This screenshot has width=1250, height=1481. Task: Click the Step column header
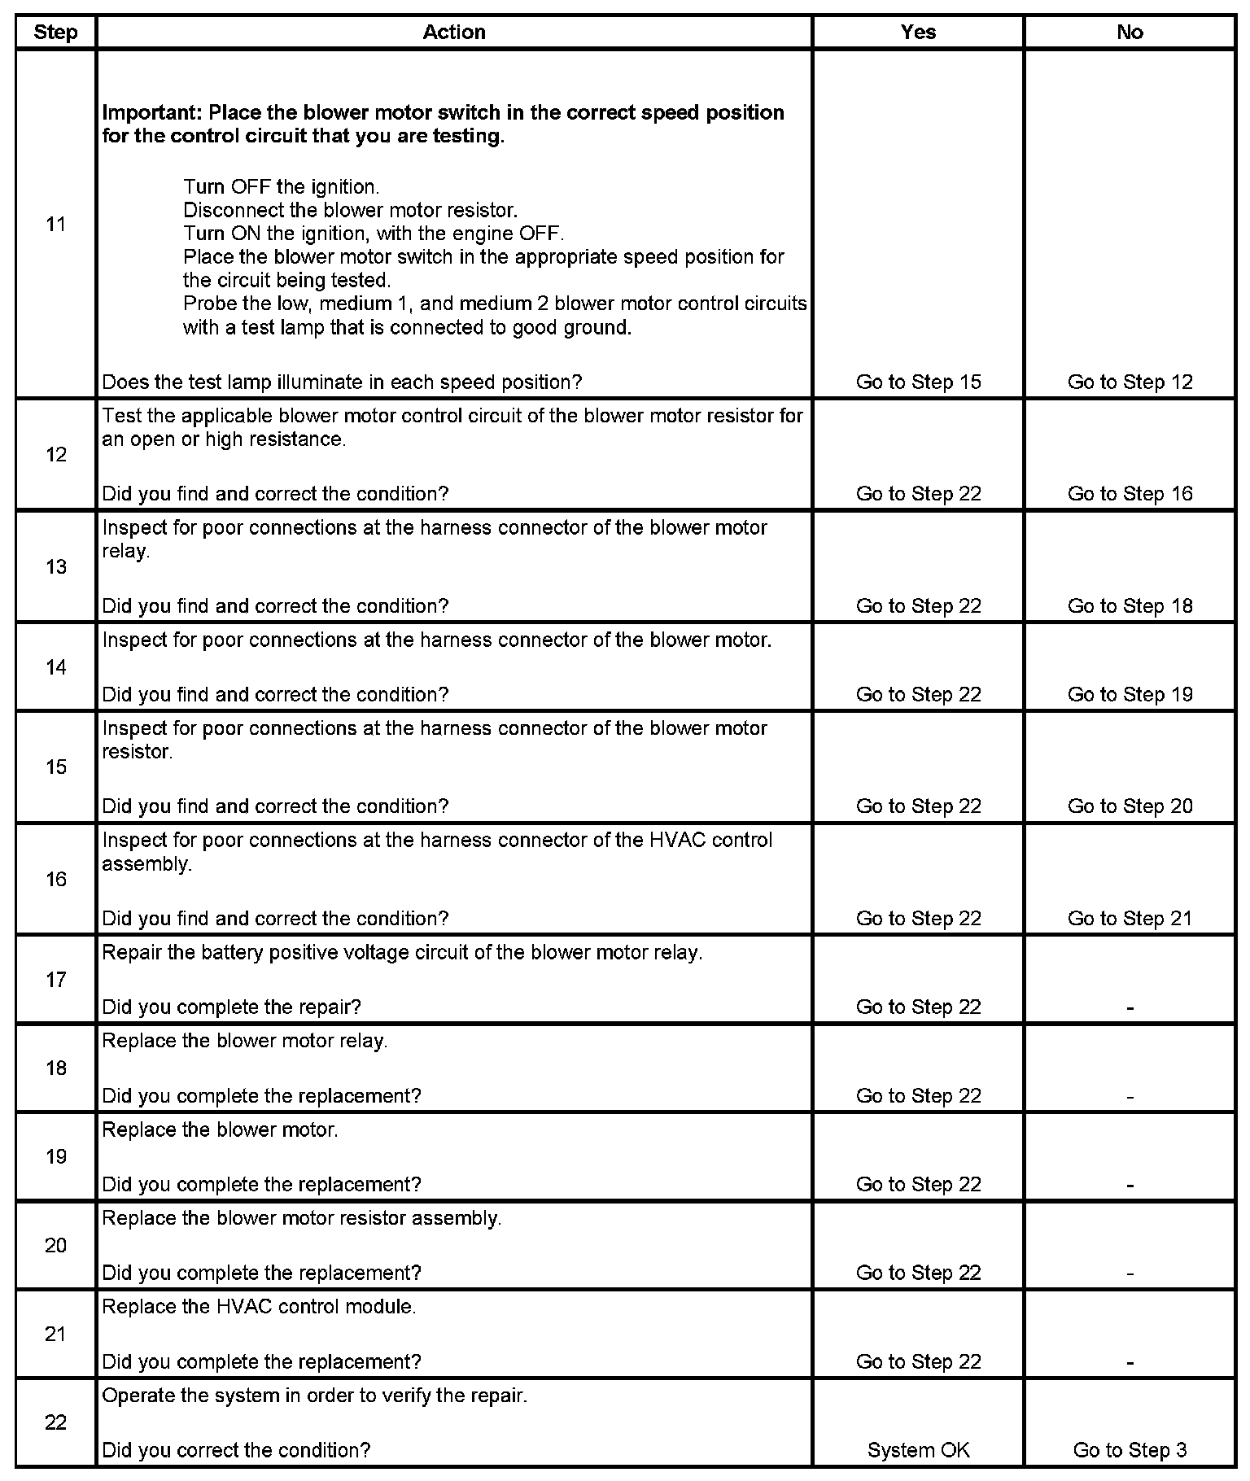click(x=55, y=33)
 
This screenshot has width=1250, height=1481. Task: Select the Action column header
click(x=454, y=33)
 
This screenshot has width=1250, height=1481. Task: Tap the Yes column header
click(x=918, y=33)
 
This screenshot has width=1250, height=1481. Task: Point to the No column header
click(x=1130, y=33)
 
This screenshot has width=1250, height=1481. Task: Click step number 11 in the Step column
click(x=55, y=225)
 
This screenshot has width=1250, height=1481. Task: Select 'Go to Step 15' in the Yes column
click(x=918, y=382)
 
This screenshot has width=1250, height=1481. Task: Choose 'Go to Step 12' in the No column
click(x=1130, y=382)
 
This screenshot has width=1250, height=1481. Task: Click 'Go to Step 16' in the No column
click(x=1130, y=494)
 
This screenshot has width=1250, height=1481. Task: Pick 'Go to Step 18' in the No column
click(x=1130, y=606)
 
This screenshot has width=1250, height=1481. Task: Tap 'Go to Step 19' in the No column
click(x=1130, y=695)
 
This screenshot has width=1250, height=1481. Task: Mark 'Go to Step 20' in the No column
click(x=1130, y=806)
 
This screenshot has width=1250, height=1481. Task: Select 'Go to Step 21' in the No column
click(x=1130, y=919)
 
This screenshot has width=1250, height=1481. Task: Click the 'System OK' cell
click(x=918, y=1451)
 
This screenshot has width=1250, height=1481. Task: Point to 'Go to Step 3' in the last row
click(x=1130, y=1451)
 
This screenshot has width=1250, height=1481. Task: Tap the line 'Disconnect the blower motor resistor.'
click(x=350, y=210)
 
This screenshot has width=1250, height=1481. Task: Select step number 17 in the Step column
click(x=55, y=980)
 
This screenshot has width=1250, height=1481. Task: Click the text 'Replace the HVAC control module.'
click(x=259, y=1307)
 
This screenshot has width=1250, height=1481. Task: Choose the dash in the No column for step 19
click(x=1130, y=1186)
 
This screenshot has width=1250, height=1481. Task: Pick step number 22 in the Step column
click(x=55, y=1422)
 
